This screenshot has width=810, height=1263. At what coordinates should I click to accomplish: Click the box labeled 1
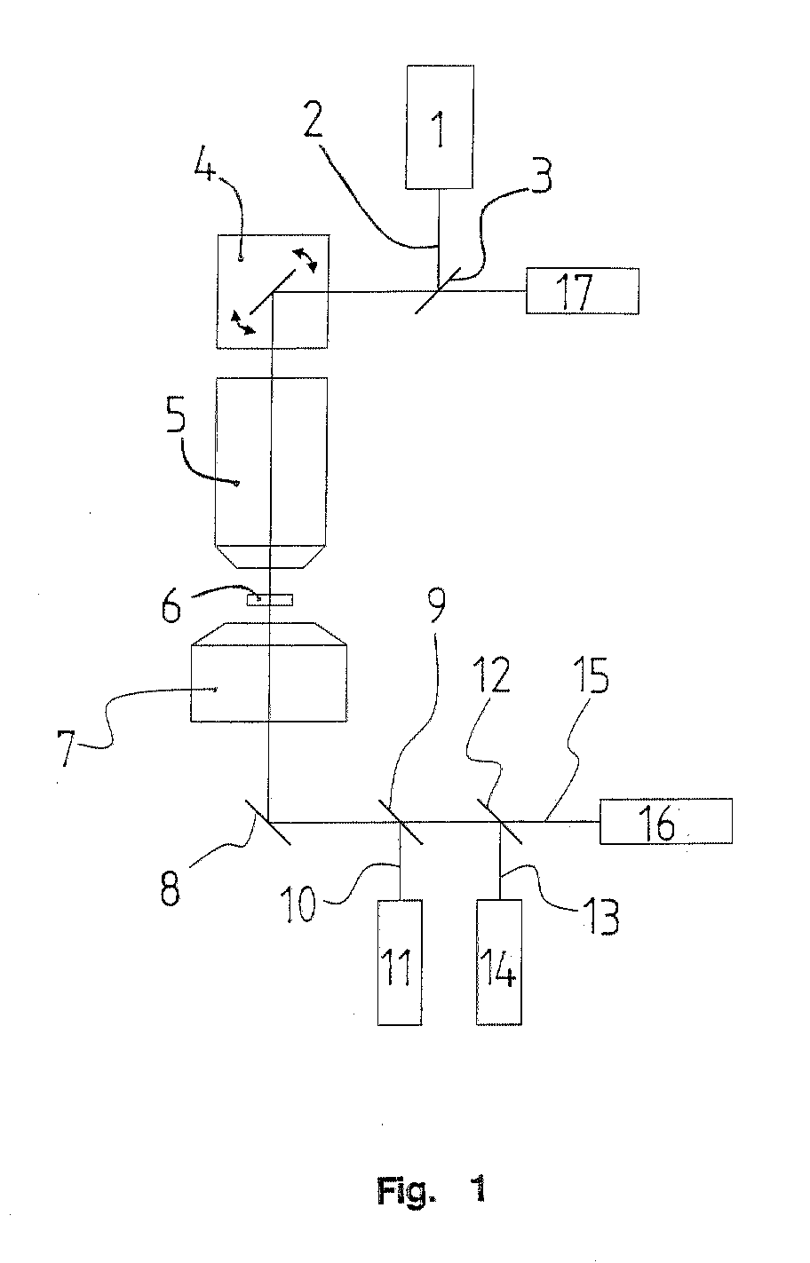(440, 126)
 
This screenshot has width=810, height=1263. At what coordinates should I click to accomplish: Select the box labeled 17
(582, 291)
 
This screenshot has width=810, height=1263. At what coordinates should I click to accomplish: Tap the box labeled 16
(665, 821)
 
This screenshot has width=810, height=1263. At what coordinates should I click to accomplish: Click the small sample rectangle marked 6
(270, 599)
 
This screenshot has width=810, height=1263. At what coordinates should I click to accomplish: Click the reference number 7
(67, 748)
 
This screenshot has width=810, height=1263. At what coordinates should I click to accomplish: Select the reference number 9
(436, 605)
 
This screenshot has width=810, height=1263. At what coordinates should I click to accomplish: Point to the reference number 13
(601, 918)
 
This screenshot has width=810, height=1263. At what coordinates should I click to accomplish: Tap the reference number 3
(542, 176)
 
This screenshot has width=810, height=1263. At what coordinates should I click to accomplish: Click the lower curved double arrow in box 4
(243, 322)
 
